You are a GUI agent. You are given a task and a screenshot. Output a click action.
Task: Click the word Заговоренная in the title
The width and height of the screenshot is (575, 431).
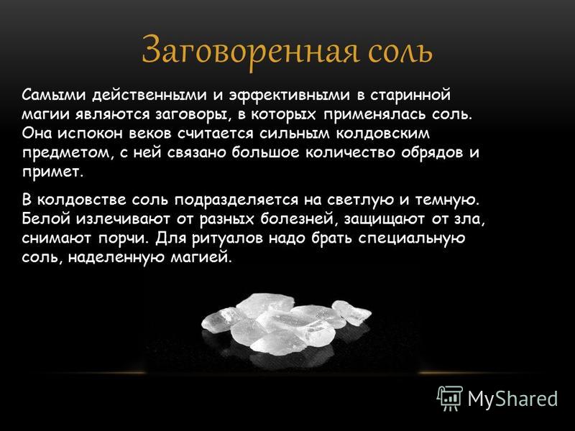249,50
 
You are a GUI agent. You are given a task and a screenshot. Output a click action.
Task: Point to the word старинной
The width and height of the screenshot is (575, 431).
410,96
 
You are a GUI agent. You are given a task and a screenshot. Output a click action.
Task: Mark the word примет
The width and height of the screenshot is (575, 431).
50,172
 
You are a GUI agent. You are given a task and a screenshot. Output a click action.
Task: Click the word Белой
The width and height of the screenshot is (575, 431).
47,219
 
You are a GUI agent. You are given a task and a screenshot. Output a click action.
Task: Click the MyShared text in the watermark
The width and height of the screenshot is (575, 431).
512,399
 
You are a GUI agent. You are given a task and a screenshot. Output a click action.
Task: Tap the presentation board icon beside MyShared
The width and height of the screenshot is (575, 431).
450,398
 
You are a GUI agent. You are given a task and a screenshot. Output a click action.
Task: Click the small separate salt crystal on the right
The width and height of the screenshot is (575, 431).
351,312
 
